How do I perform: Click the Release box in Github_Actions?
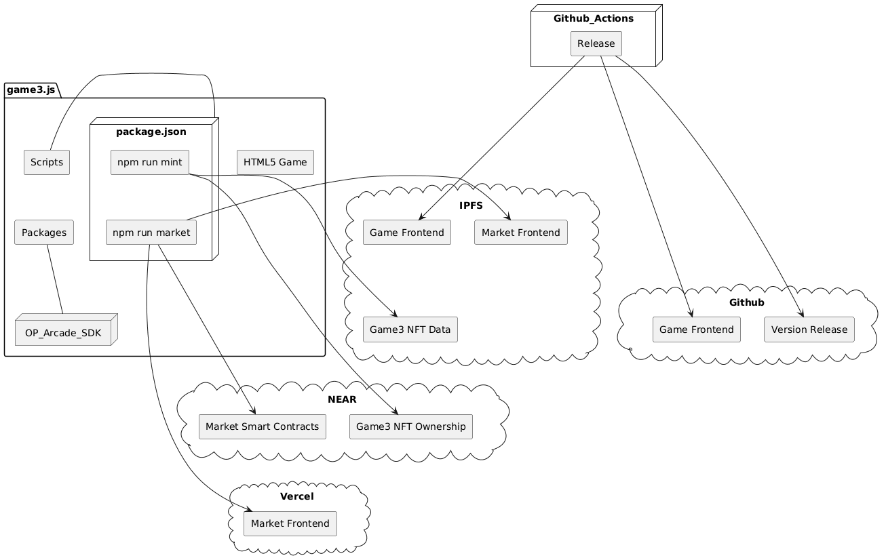[596, 44]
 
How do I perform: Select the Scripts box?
[47, 163]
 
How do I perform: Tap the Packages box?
[44, 233]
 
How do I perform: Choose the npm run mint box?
[150, 163]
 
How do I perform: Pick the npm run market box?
[151, 233]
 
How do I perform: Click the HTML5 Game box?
[275, 163]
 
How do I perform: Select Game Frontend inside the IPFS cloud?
[407, 233]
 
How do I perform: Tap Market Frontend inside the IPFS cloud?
[520, 233]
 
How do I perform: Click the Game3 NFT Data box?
[410, 329]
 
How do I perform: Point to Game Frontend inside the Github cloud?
[696, 329]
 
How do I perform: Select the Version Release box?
[809, 329]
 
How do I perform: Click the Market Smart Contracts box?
[262, 426]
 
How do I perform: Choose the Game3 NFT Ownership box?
[410, 426]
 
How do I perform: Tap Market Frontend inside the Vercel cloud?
[290, 523]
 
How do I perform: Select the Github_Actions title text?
[593, 18]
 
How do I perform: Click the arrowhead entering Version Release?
[802, 315]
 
